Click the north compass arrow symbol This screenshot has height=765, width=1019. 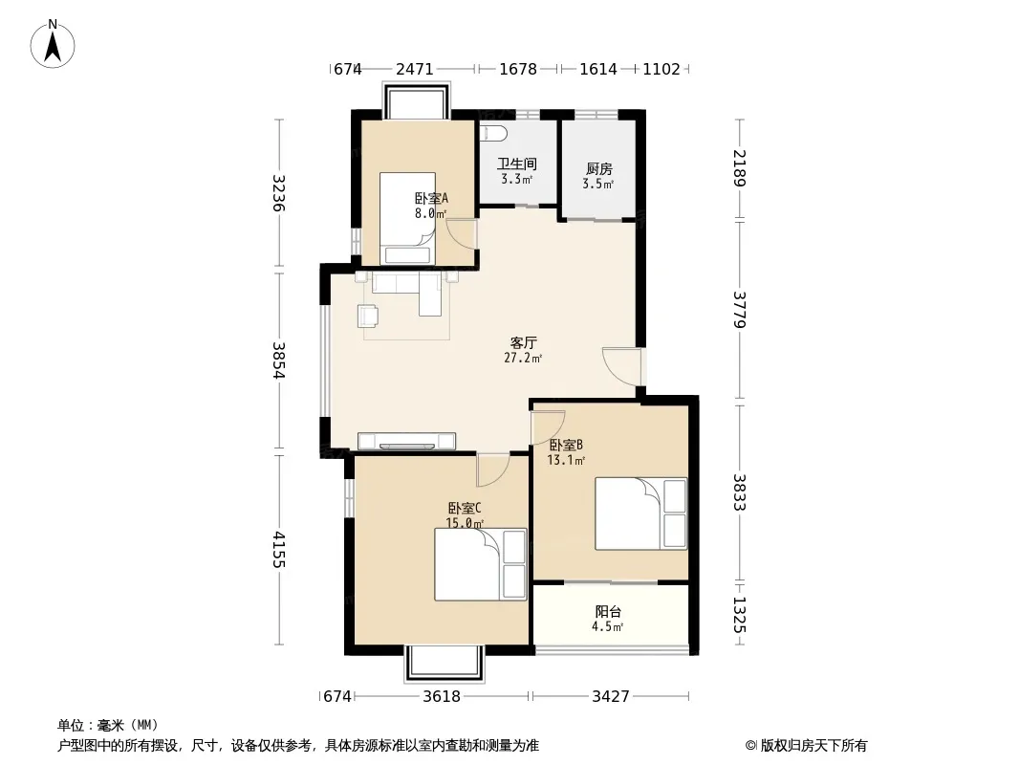(x=53, y=44)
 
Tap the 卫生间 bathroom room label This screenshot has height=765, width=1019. (x=517, y=164)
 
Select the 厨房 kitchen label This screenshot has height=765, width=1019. (x=598, y=169)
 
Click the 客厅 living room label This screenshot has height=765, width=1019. (x=523, y=342)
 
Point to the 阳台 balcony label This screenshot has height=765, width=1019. (x=608, y=612)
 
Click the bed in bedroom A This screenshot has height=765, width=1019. (x=407, y=218)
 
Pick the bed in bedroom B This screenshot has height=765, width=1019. (x=640, y=514)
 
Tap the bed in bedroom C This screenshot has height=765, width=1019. (x=480, y=564)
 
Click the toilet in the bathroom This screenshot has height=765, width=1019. (x=493, y=133)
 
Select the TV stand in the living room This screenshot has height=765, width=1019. (x=407, y=441)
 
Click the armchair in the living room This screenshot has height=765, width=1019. (x=368, y=316)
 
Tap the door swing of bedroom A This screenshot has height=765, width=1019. (x=462, y=234)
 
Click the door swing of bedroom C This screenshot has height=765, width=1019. (x=492, y=470)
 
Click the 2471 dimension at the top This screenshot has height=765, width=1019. (x=415, y=69)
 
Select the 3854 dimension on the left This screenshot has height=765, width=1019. (x=279, y=361)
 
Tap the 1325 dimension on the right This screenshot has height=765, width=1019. (x=740, y=615)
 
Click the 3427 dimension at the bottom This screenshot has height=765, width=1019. (x=610, y=697)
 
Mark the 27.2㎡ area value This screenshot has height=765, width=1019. (x=523, y=358)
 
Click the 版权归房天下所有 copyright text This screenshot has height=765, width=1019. (x=813, y=746)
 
